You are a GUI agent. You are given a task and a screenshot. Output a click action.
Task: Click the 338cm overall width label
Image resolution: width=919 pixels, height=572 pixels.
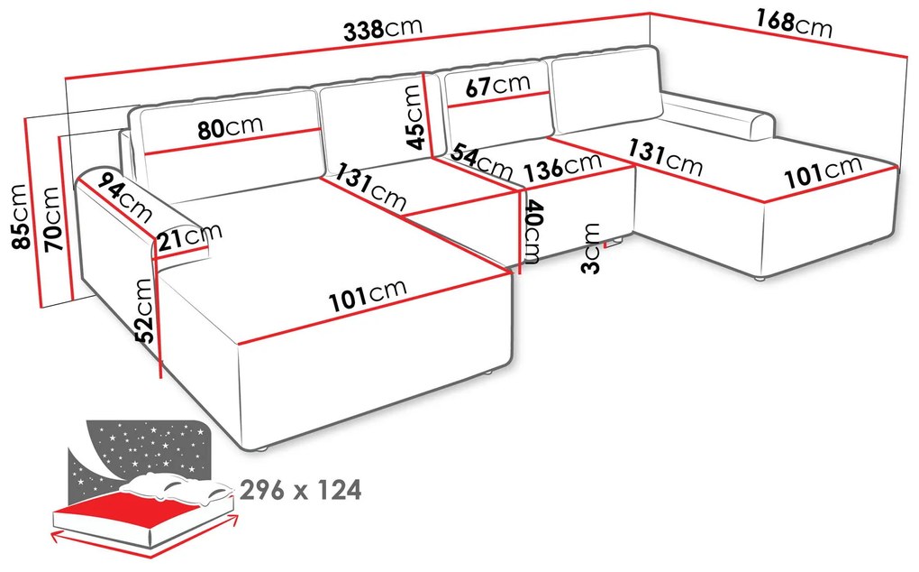click(382, 29)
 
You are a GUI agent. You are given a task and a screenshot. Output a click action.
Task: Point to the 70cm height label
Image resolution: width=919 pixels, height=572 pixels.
click(51, 219)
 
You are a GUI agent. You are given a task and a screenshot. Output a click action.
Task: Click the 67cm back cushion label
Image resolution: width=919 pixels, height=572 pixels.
click(499, 86)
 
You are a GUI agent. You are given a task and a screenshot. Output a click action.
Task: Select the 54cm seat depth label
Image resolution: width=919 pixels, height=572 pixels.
click(481, 160)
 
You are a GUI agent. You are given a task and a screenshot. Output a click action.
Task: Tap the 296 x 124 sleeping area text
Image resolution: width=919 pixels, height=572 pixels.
click(301, 491)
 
